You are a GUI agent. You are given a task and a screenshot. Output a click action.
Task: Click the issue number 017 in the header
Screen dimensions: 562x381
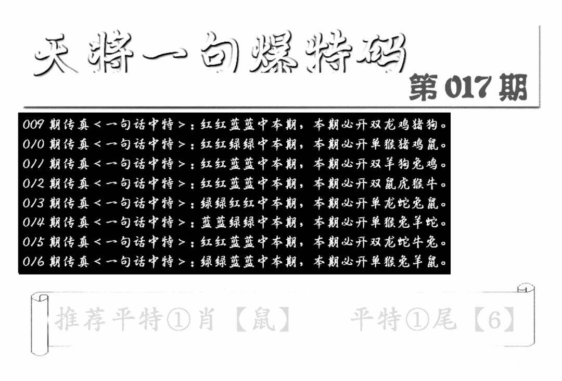coord(467,87)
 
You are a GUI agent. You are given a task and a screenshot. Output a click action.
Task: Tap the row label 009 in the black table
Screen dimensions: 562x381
coord(33,125)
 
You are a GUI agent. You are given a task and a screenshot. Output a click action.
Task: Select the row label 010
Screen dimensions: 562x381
coord(33,144)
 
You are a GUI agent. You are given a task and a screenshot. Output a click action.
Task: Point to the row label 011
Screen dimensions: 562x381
coord(33,164)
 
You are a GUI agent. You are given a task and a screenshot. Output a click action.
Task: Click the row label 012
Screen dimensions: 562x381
coord(33,183)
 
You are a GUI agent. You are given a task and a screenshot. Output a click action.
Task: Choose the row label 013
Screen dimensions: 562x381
coord(33,203)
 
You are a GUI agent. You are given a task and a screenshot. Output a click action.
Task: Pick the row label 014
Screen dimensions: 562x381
coord(33,223)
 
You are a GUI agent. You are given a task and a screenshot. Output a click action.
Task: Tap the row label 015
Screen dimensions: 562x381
coord(33,242)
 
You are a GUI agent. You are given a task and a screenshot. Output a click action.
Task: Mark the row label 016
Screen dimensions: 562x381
coord(33,262)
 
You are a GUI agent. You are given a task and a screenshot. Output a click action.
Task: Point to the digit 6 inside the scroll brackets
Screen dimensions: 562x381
coord(494,319)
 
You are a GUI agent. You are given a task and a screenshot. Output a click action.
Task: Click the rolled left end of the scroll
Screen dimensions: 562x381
coord(40,324)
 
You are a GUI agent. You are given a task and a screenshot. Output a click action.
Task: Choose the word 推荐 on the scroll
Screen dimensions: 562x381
coord(81,319)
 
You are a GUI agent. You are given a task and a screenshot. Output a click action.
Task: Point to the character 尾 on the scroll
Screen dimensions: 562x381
coord(444,319)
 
